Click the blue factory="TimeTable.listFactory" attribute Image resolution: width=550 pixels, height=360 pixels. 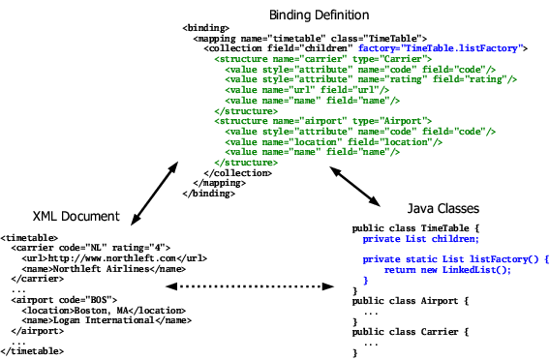[442, 46]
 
